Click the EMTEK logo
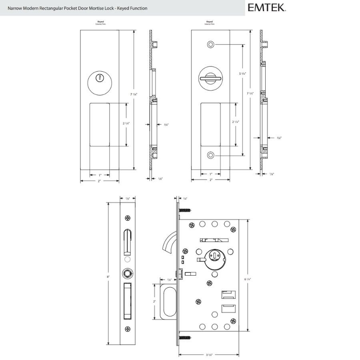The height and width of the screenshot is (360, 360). (266, 7)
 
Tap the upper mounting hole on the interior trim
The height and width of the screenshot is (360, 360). (211, 44)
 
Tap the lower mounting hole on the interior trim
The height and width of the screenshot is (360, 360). (211, 155)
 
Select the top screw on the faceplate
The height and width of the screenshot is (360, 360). (128, 218)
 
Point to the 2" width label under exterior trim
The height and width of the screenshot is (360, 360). (99, 181)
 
